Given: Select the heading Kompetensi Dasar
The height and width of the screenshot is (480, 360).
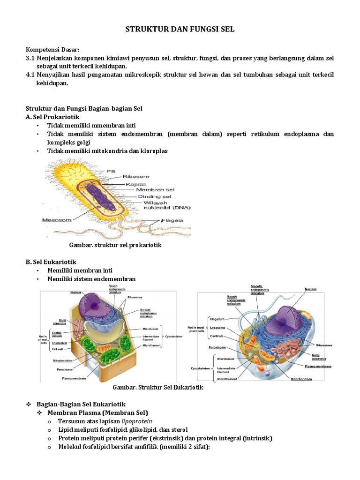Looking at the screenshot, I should tap(52, 50).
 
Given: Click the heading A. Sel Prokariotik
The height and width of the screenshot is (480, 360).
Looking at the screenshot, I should tap(52, 117).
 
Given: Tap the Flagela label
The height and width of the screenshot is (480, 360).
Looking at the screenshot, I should tap(172, 220).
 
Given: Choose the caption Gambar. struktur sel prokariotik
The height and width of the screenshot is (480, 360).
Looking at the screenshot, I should tap(115, 245).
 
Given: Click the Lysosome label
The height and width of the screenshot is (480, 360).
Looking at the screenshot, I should tap(217, 327).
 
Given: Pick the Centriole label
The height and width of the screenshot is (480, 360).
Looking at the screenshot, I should tap(217, 336).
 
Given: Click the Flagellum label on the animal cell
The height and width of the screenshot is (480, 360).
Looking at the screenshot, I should tap(217, 319).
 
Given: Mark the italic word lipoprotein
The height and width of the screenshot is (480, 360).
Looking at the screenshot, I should tap(137, 421).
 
